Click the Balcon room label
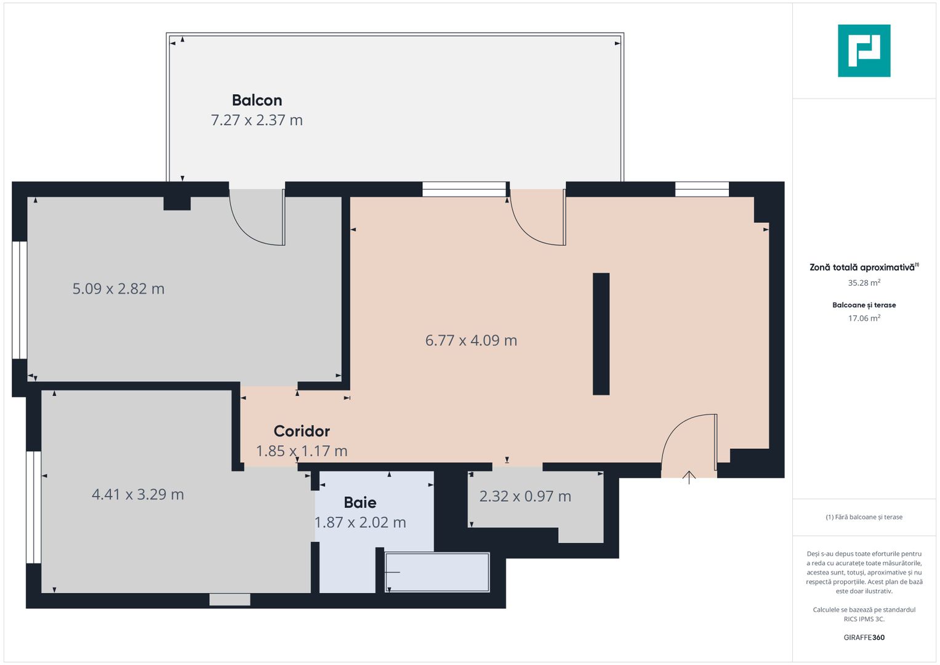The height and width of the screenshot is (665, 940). (x=257, y=100)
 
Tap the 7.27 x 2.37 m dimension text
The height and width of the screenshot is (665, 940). (x=257, y=120)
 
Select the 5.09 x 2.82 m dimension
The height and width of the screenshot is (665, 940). (x=118, y=289)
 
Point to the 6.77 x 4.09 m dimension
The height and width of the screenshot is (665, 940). (x=471, y=341)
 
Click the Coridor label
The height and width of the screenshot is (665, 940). (x=302, y=431)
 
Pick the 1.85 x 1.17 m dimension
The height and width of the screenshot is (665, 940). (x=302, y=451)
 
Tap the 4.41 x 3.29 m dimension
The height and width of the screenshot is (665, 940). (x=138, y=494)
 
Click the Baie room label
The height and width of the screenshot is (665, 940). (x=360, y=502)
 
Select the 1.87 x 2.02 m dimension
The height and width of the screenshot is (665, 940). (x=360, y=523)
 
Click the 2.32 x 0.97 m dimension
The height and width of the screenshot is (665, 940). (x=525, y=496)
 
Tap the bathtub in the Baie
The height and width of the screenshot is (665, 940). (x=437, y=573)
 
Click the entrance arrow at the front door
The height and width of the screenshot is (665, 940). (x=689, y=477)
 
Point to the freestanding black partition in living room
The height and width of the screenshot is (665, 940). (x=601, y=334)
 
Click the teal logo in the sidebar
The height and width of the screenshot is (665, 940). (x=864, y=50)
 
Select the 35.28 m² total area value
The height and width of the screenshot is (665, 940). (x=864, y=283)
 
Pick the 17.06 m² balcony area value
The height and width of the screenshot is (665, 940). (x=864, y=318)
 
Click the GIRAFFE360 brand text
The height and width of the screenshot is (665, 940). (x=864, y=638)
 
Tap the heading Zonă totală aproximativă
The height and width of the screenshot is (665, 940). (x=862, y=267)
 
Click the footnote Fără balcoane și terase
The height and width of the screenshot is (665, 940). (x=864, y=517)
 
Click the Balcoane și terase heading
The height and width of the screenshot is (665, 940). (x=864, y=305)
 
